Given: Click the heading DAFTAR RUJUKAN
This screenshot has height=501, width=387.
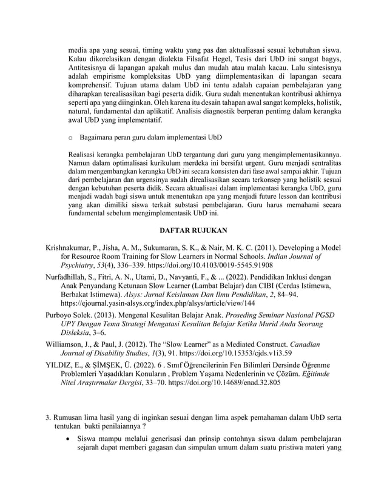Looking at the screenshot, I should pyautogui.click(x=193, y=231).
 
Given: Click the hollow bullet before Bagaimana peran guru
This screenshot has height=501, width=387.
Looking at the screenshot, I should pyautogui.click(x=73, y=139).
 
